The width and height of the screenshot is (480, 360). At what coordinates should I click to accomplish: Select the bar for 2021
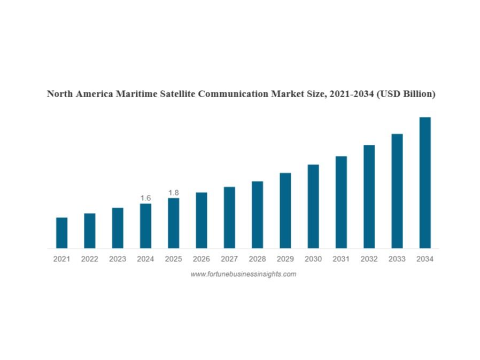[61, 233]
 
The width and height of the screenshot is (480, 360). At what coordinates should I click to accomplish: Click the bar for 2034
[425, 183]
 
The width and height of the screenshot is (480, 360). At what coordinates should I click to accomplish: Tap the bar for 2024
[145, 226]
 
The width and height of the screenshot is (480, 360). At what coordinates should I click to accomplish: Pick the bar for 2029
[285, 210]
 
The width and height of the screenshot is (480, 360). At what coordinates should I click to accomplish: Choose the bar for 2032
[369, 197]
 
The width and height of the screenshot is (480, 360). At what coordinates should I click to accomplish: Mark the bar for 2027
[229, 217]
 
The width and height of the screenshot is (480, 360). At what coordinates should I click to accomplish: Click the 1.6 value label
[145, 198]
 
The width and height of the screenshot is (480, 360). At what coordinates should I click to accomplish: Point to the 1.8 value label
[173, 192]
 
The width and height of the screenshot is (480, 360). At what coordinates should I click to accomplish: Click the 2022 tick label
[89, 259]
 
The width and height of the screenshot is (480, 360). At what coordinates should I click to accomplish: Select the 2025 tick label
[173, 259]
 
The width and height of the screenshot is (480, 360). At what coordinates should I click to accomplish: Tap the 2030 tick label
[313, 259]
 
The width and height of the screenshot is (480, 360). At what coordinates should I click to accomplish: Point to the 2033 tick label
[397, 259]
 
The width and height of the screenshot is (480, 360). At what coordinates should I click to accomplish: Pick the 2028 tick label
[257, 259]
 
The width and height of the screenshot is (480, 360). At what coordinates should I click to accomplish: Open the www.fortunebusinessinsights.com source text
[243, 274]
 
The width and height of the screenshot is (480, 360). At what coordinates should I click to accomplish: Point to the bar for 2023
[118, 228]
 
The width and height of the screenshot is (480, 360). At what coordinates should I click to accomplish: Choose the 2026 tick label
[202, 259]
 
